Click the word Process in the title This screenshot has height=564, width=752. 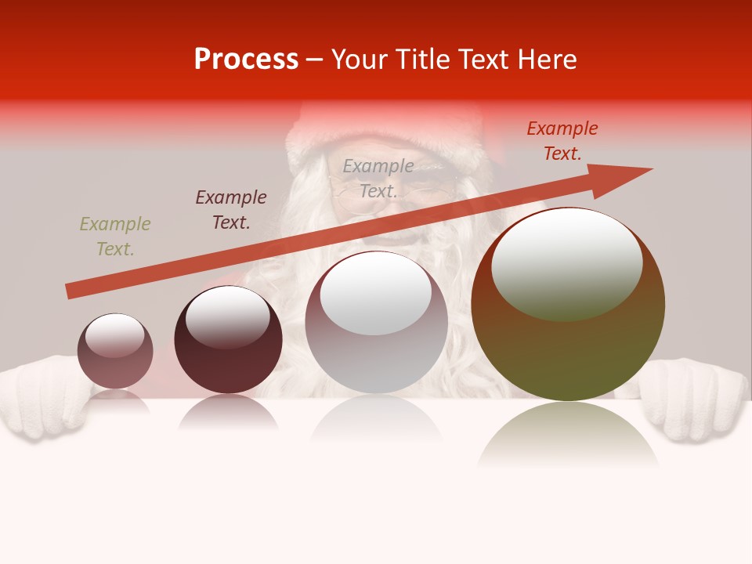click(x=246, y=60)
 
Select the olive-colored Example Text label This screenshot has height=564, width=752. click(x=114, y=237)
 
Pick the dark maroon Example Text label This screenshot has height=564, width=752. click(x=231, y=210)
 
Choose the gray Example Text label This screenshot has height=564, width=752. click(x=378, y=179)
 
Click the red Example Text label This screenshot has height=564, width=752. click(x=562, y=141)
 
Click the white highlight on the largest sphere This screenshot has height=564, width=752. click(x=566, y=262)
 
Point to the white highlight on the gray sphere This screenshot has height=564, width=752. click(x=376, y=292)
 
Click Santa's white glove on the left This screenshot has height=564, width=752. click(x=43, y=396)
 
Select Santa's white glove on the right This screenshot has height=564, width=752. click(x=693, y=399)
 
